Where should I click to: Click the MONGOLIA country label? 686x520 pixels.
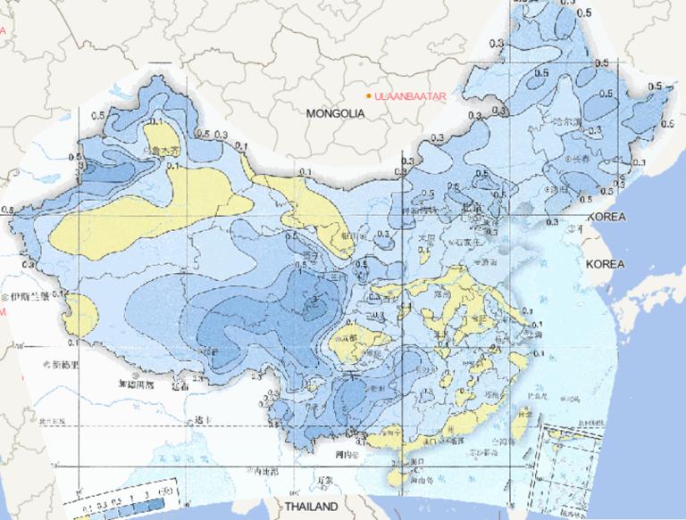tap(336, 114)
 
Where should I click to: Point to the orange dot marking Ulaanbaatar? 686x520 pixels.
tap(368, 95)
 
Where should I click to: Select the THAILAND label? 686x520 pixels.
tap(311, 507)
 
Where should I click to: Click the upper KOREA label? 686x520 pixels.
tap(608, 218)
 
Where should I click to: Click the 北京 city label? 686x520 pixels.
tap(473, 210)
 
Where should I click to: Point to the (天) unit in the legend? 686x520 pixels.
tap(164, 490)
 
